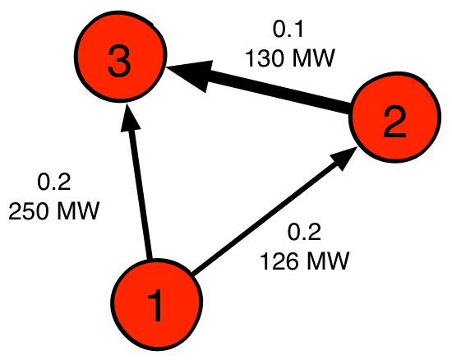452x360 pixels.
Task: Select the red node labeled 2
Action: click(x=395, y=117)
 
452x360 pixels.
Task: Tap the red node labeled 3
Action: click(x=121, y=56)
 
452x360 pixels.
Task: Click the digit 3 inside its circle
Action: click(x=119, y=62)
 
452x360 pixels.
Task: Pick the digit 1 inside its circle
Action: click(x=155, y=306)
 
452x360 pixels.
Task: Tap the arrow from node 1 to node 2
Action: click(x=274, y=210)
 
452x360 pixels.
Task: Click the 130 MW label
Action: click(x=290, y=58)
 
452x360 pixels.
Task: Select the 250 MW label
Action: click(x=54, y=210)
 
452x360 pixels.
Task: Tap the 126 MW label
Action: click(x=304, y=261)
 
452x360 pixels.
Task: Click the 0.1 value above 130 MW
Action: click(x=288, y=30)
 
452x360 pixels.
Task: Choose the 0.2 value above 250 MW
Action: click(x=54, y=182)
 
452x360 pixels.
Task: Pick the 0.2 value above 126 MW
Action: click(x=304, y=233)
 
